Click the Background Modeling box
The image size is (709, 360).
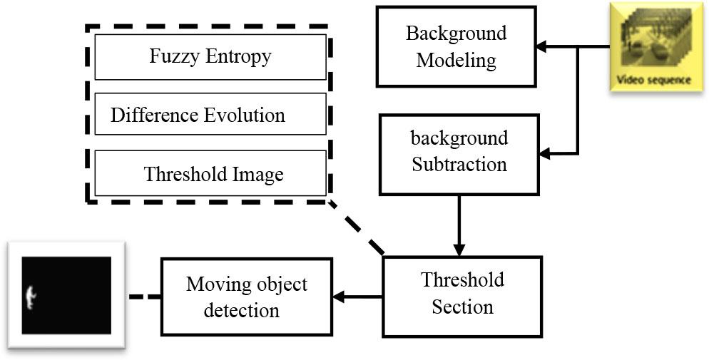click(456, 47)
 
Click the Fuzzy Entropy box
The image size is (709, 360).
click(210, 56)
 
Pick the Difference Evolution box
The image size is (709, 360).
click(210, 114)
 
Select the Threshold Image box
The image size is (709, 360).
click(210, 173)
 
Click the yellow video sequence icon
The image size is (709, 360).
click(651, 46)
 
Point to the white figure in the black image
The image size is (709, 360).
click(30, 295)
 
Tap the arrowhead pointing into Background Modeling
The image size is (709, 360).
click(541, 47)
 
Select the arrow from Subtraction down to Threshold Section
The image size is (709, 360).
click(459, 225)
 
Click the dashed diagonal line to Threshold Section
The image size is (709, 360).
click(357, 227)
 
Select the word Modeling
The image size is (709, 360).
click(456, 60)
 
